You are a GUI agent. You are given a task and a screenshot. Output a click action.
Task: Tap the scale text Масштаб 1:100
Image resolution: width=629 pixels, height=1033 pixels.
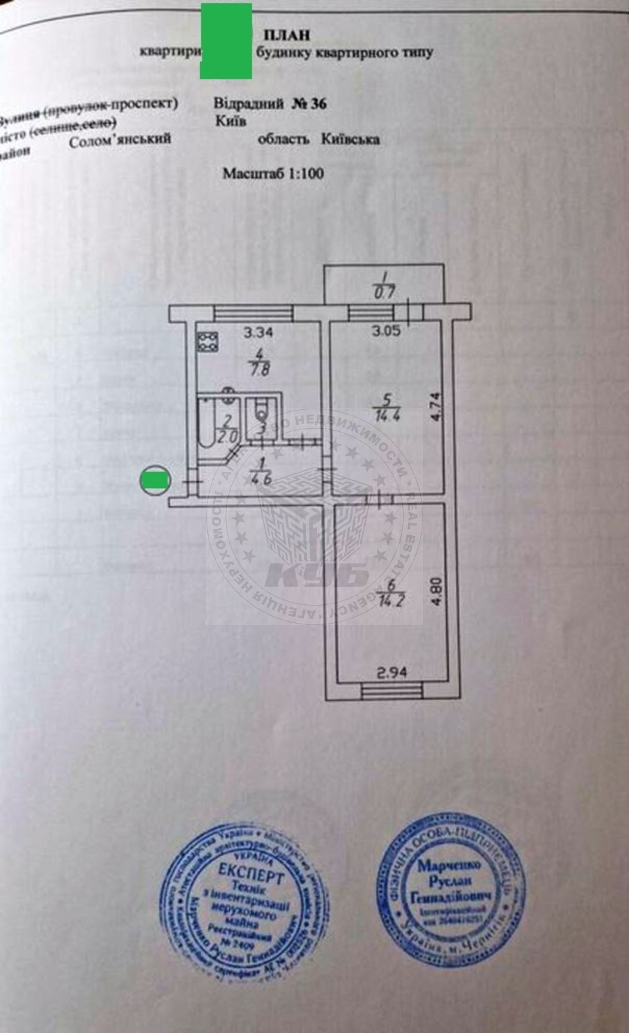pos(273,173)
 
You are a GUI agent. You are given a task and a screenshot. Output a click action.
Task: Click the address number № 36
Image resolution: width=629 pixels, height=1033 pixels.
pos(309,104)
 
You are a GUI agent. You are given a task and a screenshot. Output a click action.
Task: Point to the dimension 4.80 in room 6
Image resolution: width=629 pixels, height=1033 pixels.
pos(436,591)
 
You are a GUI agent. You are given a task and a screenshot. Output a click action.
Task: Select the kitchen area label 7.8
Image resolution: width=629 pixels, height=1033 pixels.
pos(258,371)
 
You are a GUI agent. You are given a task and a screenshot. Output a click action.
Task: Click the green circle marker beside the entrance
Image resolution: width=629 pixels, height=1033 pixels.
pos(154,480)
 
